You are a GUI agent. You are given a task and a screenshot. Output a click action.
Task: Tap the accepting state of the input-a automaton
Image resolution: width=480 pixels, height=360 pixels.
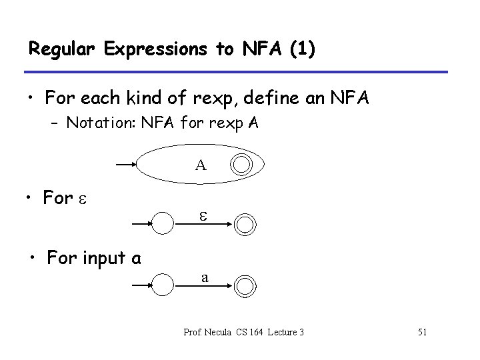pyautogui.click(x=245, y=285)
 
